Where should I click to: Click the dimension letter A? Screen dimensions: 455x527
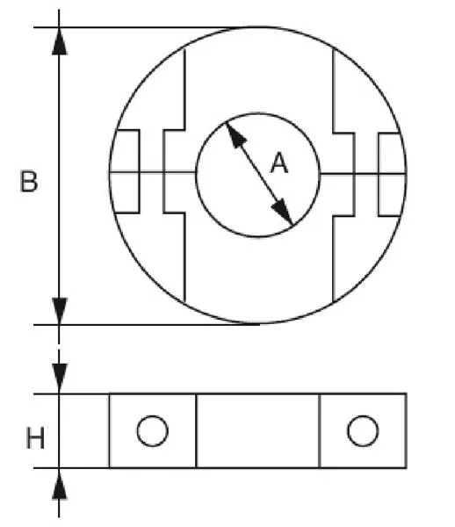pyautogui.click(x=279, y=163)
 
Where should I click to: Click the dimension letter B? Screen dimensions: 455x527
pyautogui.click(x=29, y=182)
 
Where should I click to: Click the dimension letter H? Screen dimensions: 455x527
pyautogui.click(x=35, y=438)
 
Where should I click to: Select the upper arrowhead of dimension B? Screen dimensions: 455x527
pyautogui.click(x=60, y=41)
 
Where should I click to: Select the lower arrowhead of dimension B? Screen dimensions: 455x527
pyautogui.click(x=60, y=311)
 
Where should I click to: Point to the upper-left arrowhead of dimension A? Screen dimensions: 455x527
pyautogui.click(x=236, y=134)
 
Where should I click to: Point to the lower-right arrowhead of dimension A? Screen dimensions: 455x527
pyautogui.click(x=282, y=212)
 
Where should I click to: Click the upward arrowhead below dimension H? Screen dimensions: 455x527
pyautogui.click(x=60, y=483)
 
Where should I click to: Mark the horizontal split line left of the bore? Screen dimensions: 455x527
pyautogui.click(x=153, y=172)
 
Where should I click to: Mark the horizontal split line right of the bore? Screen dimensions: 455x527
pyautogui.click(x=363, y=174)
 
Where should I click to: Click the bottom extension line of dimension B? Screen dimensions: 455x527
pyautogui.click(x=147, y=325)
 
